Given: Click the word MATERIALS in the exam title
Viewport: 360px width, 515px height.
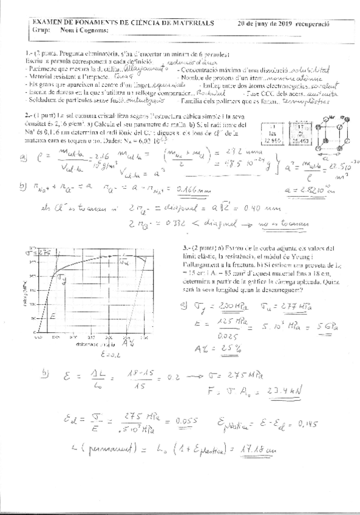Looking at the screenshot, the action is [x=190, y=22].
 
